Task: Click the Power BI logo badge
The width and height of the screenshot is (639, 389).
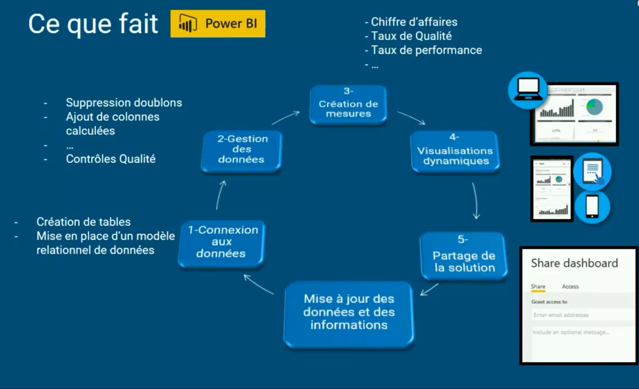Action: [218, 24]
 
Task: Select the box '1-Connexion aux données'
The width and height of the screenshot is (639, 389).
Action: [222, 242]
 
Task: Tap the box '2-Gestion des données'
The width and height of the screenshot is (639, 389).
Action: [241, 150]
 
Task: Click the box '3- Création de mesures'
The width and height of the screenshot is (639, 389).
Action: [348, 104]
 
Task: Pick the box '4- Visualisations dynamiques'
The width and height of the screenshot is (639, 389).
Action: [455, 151]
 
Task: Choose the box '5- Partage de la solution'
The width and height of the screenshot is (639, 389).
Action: [463, 256]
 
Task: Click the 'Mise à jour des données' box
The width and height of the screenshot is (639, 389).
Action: [349, 313]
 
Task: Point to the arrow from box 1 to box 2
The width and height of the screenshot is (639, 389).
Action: [220, 195]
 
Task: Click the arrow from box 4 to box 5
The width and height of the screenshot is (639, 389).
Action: [475, 201]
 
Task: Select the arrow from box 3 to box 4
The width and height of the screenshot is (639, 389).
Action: [411, 118]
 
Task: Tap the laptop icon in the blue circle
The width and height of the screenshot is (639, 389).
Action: [527, 90]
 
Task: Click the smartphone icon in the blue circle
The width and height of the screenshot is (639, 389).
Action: [592, 206]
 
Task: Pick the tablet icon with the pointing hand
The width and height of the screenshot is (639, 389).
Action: [592, 171]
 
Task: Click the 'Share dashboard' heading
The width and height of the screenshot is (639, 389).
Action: [574, 263]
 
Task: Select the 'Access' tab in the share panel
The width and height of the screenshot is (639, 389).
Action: [570, 287]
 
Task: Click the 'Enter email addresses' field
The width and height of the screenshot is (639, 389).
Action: [582, 315]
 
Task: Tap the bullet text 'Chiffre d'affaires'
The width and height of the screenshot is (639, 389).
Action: [414, 22]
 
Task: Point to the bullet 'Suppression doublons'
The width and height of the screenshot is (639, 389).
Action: [124, 103]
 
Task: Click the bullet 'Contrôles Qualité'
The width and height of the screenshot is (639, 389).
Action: [111, 159]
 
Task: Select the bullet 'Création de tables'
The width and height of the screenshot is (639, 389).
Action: [84, 222]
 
